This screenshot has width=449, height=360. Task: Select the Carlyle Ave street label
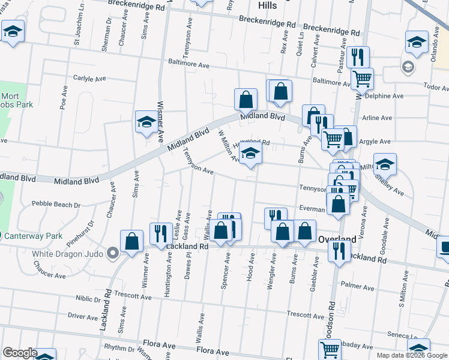coord(89,78)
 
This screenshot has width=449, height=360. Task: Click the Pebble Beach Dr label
coord(56,205)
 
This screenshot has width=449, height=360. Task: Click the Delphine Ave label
coord(384,96)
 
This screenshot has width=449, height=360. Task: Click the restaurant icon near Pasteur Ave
coord(358,58)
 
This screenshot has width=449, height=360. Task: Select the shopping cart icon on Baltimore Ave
coord(362,78)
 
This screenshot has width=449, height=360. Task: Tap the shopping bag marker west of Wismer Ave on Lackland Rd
coord(131,242)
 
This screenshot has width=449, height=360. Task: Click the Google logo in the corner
coord(20,353)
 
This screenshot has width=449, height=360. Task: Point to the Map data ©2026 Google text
coord(411,355)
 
